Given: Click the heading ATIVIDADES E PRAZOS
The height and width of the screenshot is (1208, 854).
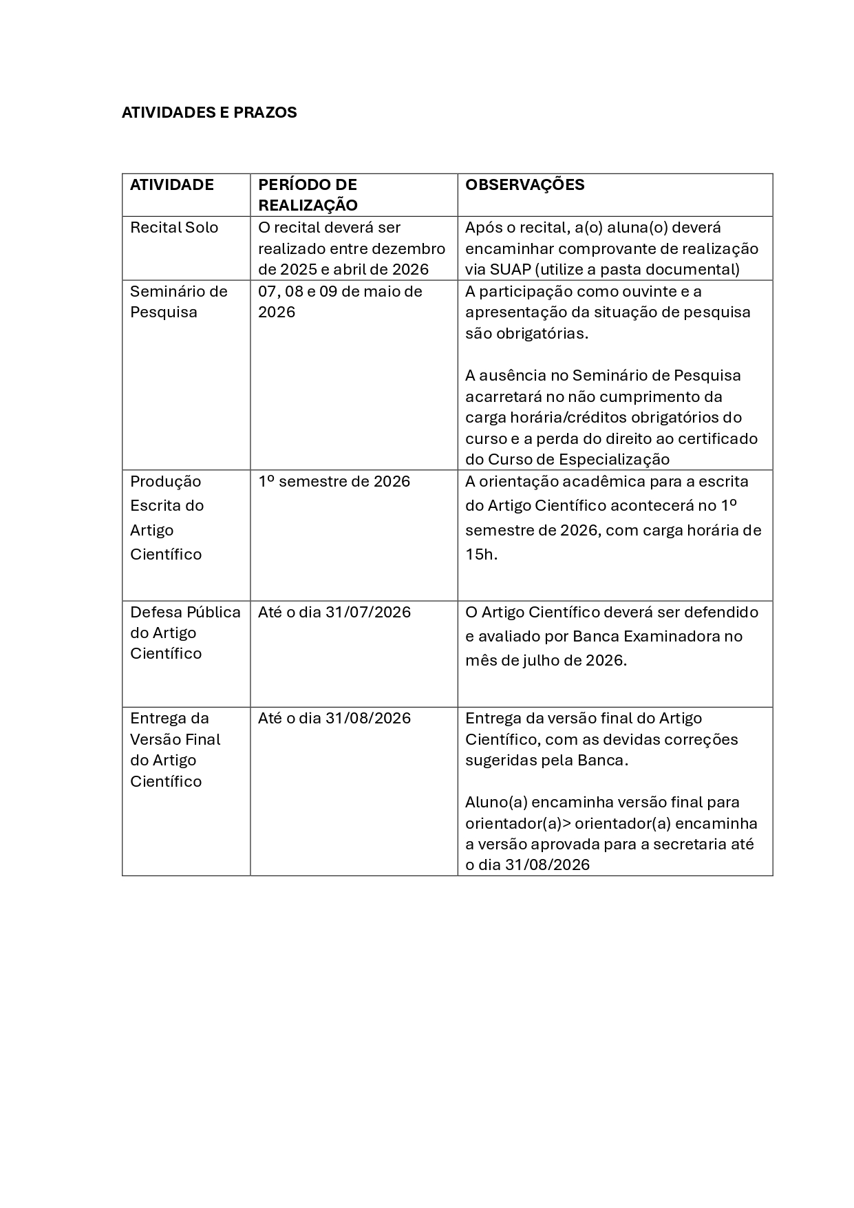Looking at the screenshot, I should click(x=209, y=112).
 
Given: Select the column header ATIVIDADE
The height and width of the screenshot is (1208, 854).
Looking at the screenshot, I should click(x=172, y=184).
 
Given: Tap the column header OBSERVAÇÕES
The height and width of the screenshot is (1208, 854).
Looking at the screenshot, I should click(x=524, y=184).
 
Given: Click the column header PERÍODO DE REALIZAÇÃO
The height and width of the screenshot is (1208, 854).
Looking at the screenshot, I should click(x=308, y=195).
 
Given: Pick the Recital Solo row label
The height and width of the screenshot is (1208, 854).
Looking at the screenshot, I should click(x=174, y=227).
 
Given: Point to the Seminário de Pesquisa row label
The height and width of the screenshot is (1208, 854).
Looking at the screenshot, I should click(x=178, y=301).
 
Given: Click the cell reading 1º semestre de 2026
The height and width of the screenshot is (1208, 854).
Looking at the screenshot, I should click(x=334, y=481).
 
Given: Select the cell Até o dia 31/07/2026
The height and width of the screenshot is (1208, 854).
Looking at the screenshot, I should click(x=334, y=612).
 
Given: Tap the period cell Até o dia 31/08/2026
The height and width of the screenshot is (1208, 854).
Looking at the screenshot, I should click(x=334, y=718).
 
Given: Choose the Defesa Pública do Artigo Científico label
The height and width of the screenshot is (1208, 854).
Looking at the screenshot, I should click(x=185, y=633).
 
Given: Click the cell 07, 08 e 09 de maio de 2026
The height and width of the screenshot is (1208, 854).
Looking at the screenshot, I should click(x=340, y=301).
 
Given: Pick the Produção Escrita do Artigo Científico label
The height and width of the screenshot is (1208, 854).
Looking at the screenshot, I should click(x=167, y=518).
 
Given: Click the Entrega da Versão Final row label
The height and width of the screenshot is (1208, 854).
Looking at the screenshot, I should click(x=175, y=750).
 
